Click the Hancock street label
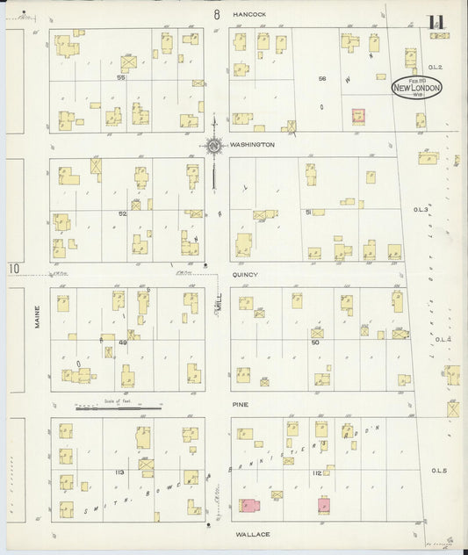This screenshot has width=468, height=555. tap(249, 15)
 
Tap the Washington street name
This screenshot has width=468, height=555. tap(252, 144)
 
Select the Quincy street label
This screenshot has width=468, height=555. tap(245, 275)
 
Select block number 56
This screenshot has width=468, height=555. tap(322, 78)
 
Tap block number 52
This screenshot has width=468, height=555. tap(123, 213)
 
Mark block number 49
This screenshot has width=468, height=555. tap(123, 343)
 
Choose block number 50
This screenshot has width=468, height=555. tap(314, 343)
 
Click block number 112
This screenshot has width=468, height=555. tap(316, 472)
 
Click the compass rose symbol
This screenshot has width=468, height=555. tap(213, 146)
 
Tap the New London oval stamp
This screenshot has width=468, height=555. tap(416, 88)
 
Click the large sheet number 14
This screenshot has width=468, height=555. tap(436, 24)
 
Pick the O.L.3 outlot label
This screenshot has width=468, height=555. tap(421, 210)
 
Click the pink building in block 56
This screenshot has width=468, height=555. tap(358, 116)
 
